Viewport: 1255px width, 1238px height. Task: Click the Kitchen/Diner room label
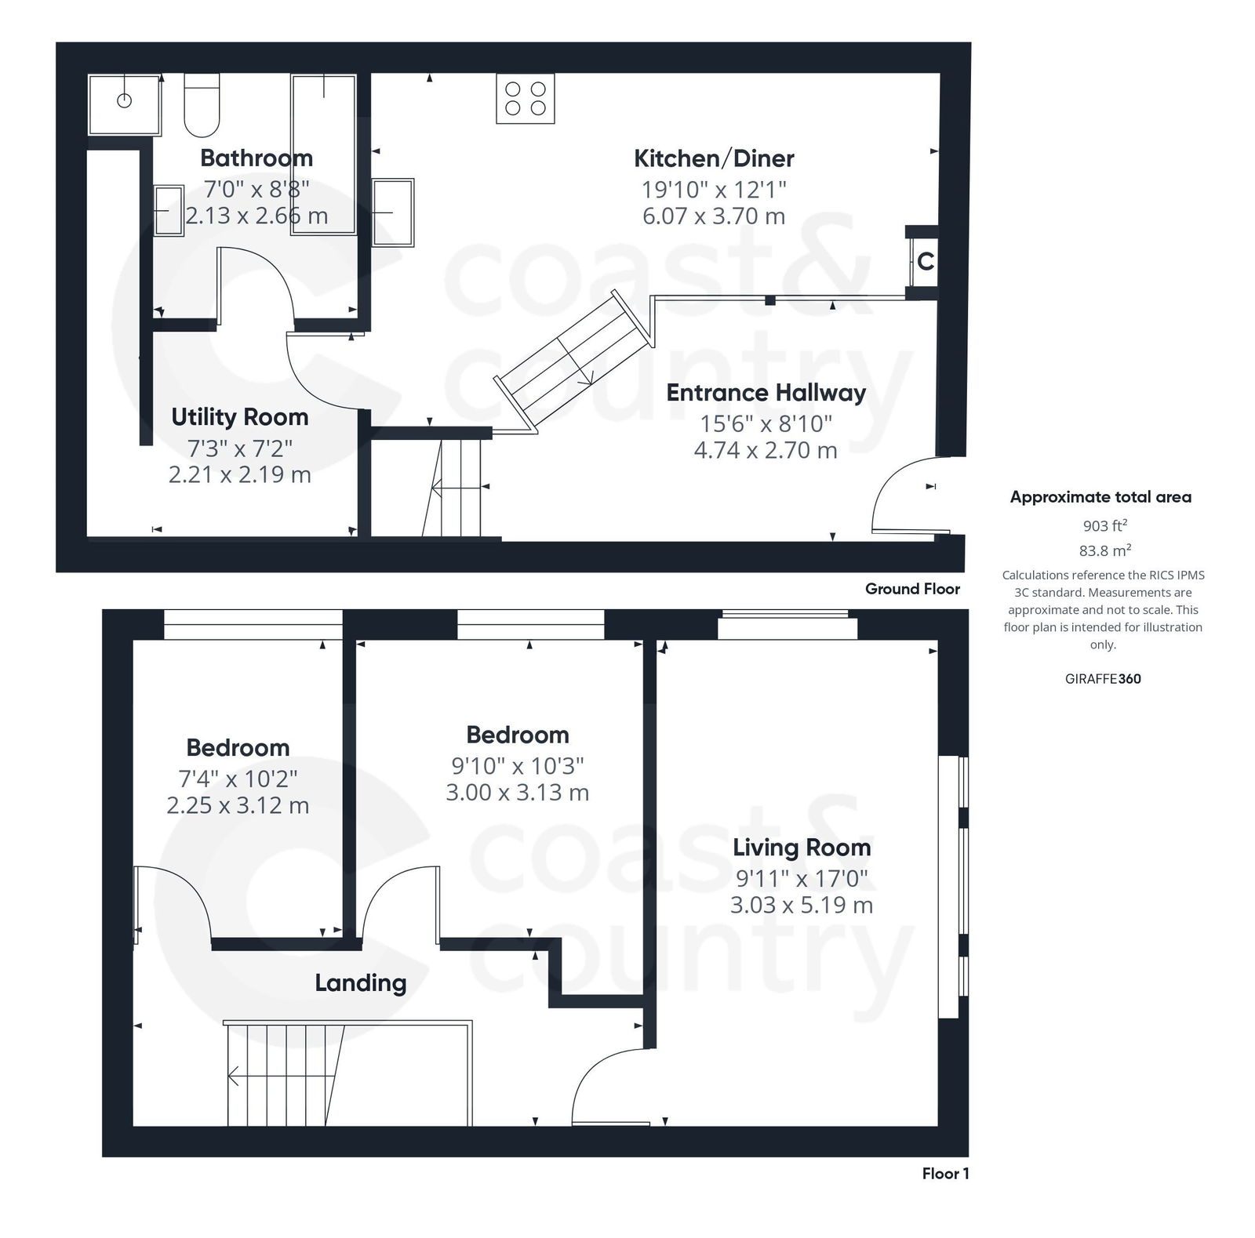point(713,158)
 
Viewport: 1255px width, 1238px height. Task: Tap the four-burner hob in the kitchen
point(525,99)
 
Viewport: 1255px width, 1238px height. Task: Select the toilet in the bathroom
point(202,107)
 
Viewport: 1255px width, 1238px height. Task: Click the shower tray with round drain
point(124,103)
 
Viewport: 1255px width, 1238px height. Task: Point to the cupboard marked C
point(925,261)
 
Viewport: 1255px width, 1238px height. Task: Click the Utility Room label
point(239,417)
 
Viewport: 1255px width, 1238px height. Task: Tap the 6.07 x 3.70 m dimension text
point(713,216)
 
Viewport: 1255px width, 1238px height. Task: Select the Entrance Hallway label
point(766,393)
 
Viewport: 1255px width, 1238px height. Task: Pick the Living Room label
point(801,848)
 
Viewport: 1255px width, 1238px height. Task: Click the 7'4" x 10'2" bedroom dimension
point(238,779)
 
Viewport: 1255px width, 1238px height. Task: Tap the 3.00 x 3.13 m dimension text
point(517,793)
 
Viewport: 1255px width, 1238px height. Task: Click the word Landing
point(360,982)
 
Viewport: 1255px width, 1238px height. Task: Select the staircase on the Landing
point(286,1074)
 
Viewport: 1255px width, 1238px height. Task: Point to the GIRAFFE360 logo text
point(1102,679)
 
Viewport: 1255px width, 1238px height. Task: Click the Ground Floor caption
point(911,589)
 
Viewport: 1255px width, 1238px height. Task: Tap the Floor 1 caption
point(944,1174)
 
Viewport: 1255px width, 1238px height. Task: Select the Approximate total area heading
point(1100,497)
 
